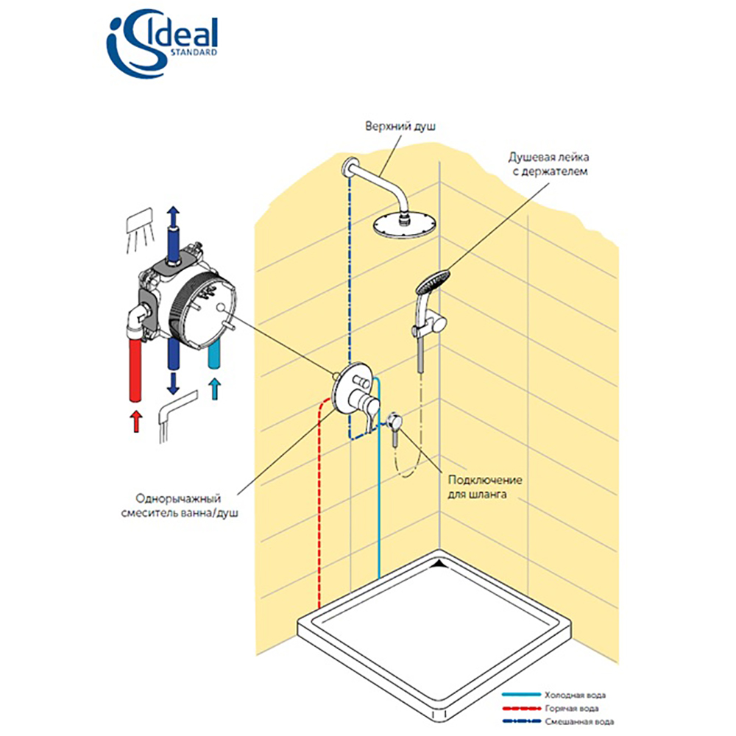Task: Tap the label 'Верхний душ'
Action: (400, 127)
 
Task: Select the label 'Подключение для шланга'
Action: (485, 488)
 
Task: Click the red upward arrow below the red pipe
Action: (135, 422)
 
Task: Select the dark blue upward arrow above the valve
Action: (172, 219)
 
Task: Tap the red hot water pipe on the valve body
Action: (135, 368)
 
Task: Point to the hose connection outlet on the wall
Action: (394, 421)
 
